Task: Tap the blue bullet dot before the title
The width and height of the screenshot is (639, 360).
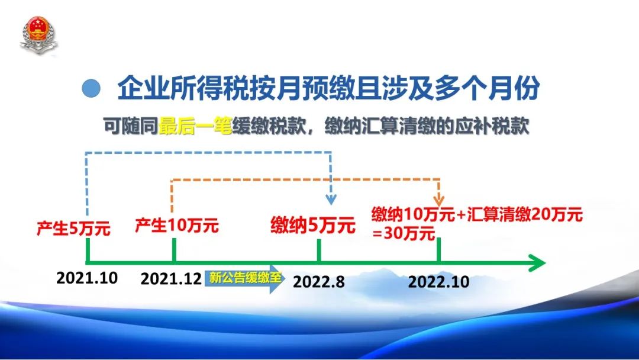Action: click(91, 88)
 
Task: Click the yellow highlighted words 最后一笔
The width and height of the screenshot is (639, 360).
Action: click(195, 126)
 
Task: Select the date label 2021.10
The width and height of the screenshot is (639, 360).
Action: click(87, 278)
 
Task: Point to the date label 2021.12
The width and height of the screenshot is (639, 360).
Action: click(171, 279)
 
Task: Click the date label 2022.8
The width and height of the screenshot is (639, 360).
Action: click(319, 282)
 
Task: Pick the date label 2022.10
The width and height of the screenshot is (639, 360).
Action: click(438, 282)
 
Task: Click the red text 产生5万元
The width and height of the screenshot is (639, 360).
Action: click(73, 229)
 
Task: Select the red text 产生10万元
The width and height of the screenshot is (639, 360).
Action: click(177, 226)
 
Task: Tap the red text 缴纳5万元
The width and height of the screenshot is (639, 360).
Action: click(313, 225)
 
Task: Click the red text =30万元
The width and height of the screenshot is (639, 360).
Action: click(404, 234)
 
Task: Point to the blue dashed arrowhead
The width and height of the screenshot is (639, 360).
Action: click(331, 200)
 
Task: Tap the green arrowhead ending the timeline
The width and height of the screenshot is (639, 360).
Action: click(537, 262)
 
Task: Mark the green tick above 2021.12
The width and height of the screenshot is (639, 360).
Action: click(175, 249)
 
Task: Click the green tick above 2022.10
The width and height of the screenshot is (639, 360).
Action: click(439, 249)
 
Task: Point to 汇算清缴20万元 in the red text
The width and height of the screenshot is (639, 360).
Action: click(525, 214)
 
